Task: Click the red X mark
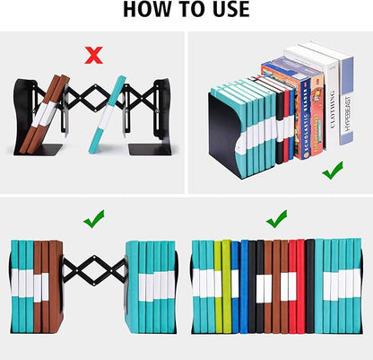[92, 56]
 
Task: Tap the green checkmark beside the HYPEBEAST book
[334, 169]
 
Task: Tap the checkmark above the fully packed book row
[276, 218]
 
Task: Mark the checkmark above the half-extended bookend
[92, 218]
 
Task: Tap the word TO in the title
[186, 11]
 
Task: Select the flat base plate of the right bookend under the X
[147, 149]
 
